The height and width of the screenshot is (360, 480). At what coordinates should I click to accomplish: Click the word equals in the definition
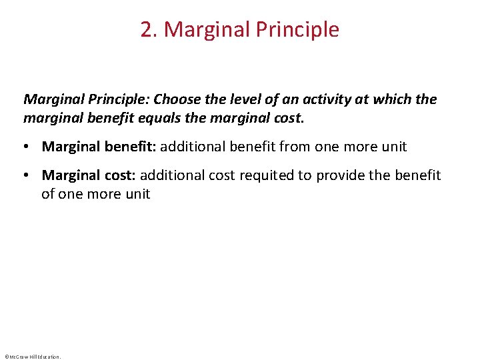tap(170, 118)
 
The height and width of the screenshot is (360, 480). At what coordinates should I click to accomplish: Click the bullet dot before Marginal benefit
tap(28, 147)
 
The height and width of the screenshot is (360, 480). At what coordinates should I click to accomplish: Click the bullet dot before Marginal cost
tap(28, 175)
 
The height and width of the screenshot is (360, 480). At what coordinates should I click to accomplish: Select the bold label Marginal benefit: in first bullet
tap(99, 147)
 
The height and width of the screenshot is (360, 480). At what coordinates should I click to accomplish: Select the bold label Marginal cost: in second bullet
tap(89, 175)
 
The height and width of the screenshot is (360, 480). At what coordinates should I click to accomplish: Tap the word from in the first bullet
tap(296, 147)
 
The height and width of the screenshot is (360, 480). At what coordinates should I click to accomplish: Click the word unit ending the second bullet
tap(137, 194)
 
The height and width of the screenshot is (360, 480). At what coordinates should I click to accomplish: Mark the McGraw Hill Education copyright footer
tap(32, 357)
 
